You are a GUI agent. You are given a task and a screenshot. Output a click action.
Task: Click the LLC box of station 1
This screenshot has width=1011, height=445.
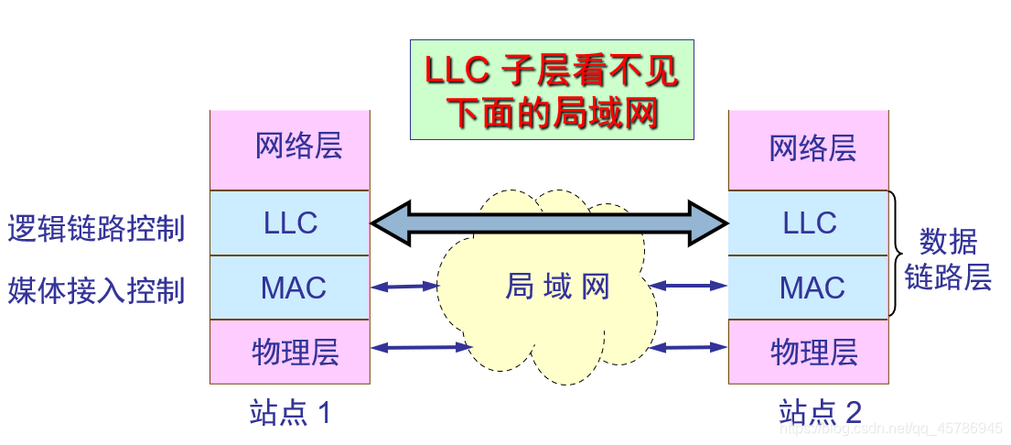290,222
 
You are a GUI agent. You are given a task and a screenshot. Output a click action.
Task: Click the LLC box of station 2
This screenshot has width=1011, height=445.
809,222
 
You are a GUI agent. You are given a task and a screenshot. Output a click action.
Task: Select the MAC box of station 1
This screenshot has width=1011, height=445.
290,288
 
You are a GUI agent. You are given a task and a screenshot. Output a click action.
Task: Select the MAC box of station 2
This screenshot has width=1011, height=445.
809,288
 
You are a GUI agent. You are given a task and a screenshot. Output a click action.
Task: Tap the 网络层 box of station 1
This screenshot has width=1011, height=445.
290,149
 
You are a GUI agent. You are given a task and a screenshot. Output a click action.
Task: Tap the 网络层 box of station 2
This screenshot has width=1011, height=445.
809,149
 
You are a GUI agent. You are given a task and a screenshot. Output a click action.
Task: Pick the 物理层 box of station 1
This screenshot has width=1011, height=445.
290,352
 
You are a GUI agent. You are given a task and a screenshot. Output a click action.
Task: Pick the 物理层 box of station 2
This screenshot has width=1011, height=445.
809,352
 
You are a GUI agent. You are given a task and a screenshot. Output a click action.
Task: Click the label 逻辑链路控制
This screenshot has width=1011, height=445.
96,227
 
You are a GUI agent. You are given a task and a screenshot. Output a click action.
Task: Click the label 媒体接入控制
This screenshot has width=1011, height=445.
96,290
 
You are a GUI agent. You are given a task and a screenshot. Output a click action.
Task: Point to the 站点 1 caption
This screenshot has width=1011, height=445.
289,413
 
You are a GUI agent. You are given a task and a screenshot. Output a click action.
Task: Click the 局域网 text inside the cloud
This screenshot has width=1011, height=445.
557,288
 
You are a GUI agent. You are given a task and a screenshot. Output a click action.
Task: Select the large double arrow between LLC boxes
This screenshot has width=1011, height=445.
549,222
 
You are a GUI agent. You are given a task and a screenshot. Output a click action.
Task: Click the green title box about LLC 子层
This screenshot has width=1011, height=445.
551,90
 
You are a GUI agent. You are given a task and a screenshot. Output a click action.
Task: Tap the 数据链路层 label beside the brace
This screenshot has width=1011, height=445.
948,259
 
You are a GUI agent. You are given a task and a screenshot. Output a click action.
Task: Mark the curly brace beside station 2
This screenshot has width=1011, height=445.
896,255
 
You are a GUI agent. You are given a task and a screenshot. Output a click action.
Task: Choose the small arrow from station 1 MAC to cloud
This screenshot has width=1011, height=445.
405,287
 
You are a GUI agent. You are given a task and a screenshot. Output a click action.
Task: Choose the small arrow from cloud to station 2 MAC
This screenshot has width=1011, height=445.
688,287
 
